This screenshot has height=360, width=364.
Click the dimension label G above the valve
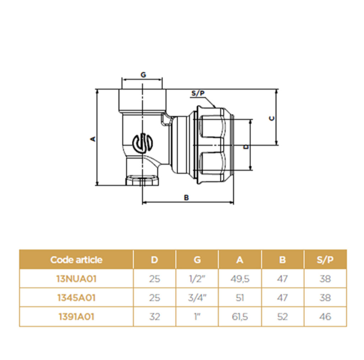pyautogui.click(x=143, y=75)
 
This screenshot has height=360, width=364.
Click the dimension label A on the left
pyautogui.click(x=93, y=138)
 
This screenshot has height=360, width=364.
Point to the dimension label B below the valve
pyautogui.click(x=186, y=198)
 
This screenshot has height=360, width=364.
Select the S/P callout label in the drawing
pyautogui.click(x=198, y=94)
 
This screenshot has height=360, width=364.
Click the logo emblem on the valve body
pyautogui.click(x=143, y=143)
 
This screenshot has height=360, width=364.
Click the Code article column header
pyautogui.click(x=76, y=260)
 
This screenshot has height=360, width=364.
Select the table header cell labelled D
pyautogui.click(x=154, y=260)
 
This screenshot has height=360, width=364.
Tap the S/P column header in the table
pyautogui.click(x=325, y=260)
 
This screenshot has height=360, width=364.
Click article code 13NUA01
pyautogui.click(x=76, y=279)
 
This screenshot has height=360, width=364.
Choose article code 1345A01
pyautogui.click(x=76, y=298)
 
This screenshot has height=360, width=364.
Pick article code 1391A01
pyautogui.click(x=76, y=316)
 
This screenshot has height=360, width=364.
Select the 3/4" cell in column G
pyautogui.click(x=197, y=298)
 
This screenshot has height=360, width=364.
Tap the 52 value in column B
pyautogui.click(x=282, y=316)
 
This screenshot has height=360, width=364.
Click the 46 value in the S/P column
pyautogui.click(x=325, y=316)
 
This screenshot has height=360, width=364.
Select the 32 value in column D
pyautogui.click(x=154, y=316)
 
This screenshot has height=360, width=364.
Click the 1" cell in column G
pyautogui.click(x=197, y=316)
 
